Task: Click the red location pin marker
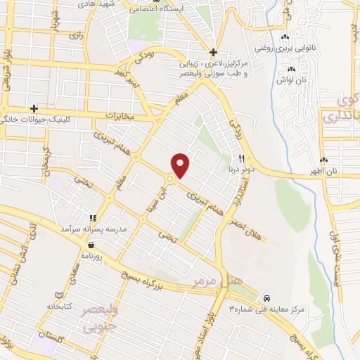(181, 165)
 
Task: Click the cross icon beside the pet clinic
(34, 108)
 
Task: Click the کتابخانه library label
(59, 306)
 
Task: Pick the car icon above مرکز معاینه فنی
(265, 297)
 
